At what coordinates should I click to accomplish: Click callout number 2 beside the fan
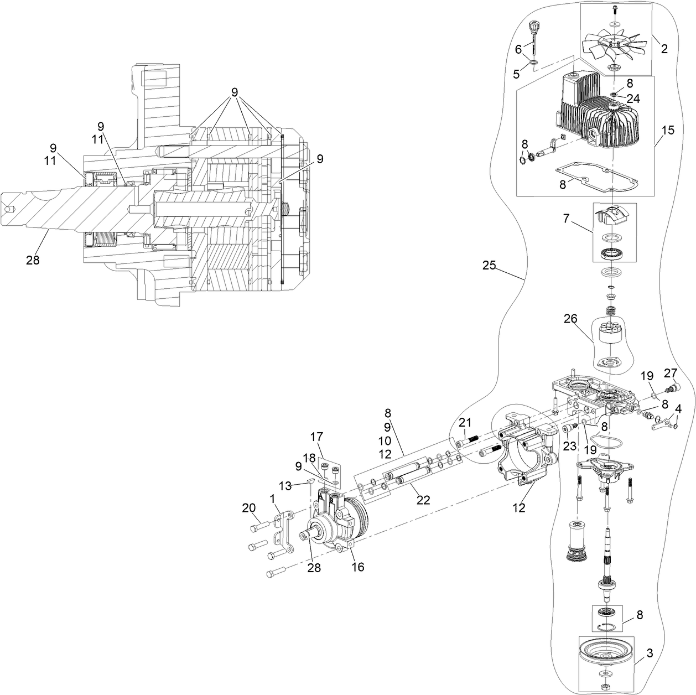coord(664,49)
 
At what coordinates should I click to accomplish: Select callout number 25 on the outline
coord(489,266)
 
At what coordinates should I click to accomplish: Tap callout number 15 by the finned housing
coord(668,131)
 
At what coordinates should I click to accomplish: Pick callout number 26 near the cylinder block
coord(570,319)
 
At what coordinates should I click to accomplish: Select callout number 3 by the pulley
coord(650,653)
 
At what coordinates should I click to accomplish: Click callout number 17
coord(316,437)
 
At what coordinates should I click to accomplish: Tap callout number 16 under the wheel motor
coord(358,567)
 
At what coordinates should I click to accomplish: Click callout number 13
coord(284,485)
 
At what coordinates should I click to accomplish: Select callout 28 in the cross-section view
coord(33,259)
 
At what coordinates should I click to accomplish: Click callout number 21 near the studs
coord(465,423)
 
